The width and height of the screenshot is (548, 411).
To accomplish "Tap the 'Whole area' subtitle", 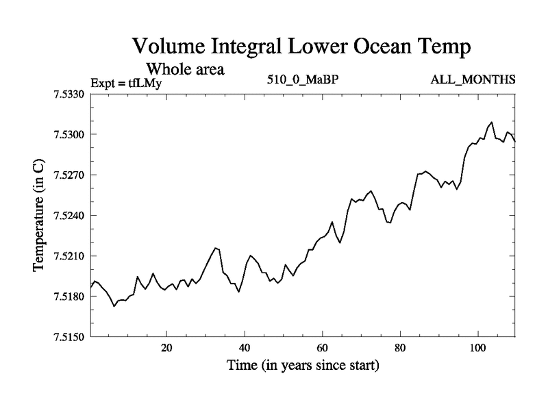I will [x=185, y=69].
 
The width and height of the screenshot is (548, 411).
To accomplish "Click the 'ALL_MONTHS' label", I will [x=473, y=80].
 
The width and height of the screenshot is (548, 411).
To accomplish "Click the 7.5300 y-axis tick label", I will [x=69, y=134].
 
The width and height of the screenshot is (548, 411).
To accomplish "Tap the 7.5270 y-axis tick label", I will [x=69, y=175].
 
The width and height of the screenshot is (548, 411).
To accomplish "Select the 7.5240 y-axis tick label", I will [x=69, y=216].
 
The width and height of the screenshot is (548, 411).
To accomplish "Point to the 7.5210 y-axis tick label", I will [x=69, y=256].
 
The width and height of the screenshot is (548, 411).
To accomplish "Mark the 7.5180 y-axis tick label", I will [x=69, y=297].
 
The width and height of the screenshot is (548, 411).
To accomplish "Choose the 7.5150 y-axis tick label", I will [x=69, y=337].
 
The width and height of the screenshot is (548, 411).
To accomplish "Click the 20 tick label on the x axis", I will [x=166, y=347].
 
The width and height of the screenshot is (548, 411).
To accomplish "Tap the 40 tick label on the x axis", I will [x=245, y=347].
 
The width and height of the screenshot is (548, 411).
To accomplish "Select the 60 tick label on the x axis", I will [x=322, y=347].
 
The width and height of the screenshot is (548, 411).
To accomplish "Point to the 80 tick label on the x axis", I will [x=400, y=347].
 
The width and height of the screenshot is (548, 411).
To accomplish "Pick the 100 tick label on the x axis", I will [x=477, y=347].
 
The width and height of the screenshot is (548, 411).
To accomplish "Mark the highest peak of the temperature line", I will [x=492, y=122].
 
